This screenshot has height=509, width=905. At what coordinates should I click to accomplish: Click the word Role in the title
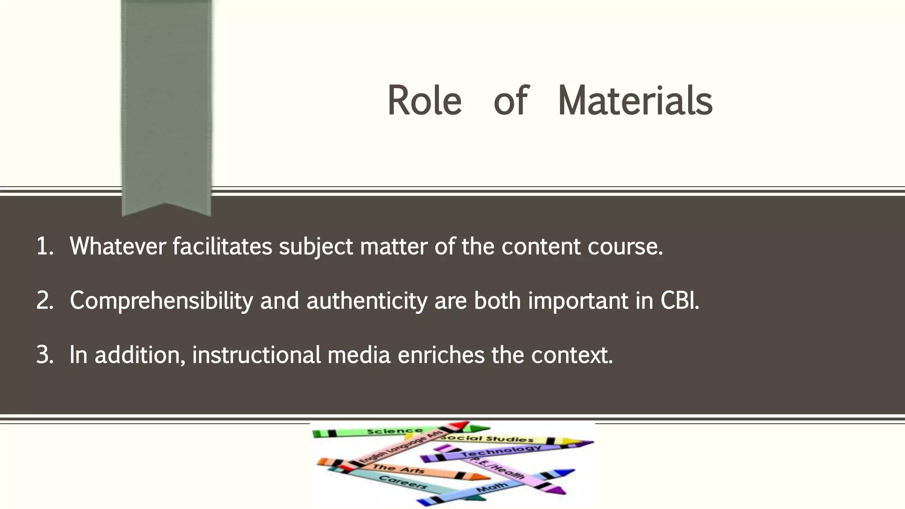click(424, 101)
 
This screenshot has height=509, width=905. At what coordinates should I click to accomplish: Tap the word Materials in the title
click(635, 101)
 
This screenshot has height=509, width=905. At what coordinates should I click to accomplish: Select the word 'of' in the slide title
click(510, 101)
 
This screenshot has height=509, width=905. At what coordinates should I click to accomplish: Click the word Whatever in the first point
click(118, 246)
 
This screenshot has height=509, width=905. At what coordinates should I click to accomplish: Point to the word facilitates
click(222, 246)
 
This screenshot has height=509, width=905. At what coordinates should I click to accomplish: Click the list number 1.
click(44, 246)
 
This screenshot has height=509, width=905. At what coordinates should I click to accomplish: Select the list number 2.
click(44, 300)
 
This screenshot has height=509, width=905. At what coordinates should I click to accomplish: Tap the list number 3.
click(44, 355)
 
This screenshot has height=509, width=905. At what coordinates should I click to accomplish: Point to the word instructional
click(256, 355)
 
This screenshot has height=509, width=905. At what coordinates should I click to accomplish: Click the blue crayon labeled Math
click(491, 488)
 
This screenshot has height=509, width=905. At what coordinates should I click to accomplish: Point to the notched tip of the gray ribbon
click(166, 208)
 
